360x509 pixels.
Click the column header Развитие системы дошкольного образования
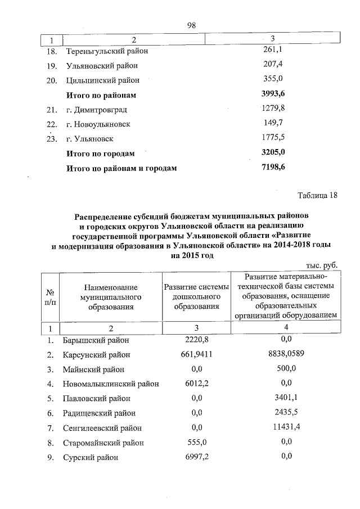tap(196, 297)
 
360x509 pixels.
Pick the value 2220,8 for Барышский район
tap(196, 340)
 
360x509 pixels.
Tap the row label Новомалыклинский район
tap(111, 384)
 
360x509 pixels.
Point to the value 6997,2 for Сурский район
tap(196, 457)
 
